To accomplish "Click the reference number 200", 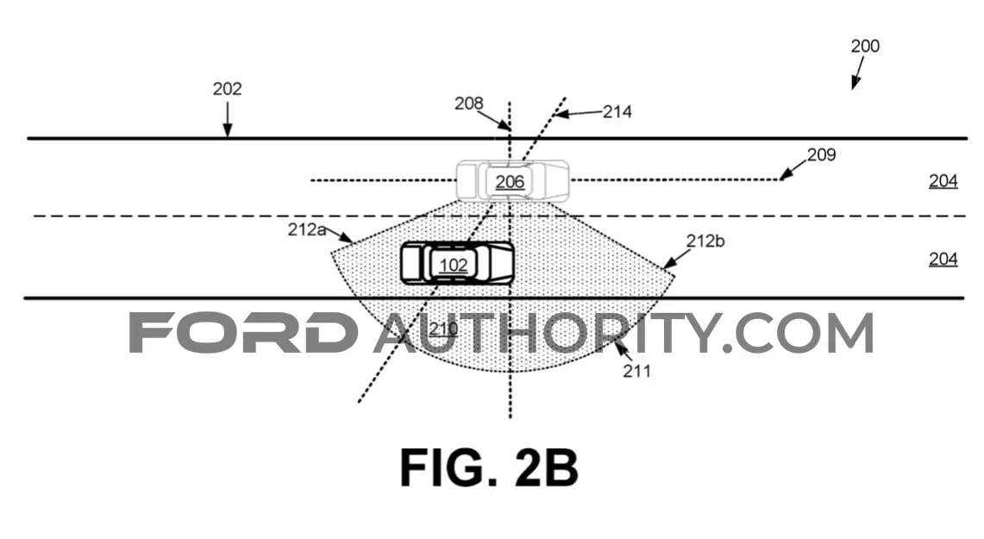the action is point(865,46).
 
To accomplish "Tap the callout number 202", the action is point(227,89).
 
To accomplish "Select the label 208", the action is point(469,103).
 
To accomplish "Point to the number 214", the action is point(617,112).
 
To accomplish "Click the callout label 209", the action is point(821,154).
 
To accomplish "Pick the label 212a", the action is point(307,229).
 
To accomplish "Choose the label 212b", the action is point(705,241).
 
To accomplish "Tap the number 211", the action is point(636,372).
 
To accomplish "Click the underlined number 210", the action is point(443,329).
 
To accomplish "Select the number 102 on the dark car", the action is point(453,266).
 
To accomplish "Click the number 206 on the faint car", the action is point(510,182).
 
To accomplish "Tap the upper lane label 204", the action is point(943,181).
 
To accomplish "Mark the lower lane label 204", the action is point(943,259).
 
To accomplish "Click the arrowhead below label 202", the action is point(227,130).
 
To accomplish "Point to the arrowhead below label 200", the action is point(854,83).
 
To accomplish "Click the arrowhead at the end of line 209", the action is point(785,174).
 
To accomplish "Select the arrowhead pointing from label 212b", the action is point(669,264).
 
